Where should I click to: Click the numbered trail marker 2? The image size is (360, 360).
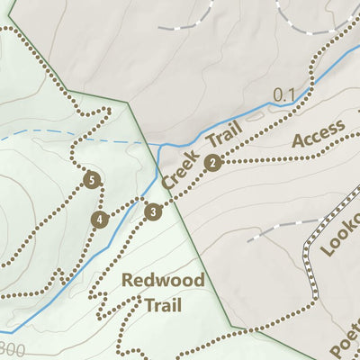click(x=212, y=163)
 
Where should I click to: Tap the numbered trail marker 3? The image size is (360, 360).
click(x=154, y=212)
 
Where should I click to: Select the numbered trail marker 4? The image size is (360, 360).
click(x=99, y=219)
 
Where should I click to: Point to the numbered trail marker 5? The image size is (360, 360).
click(x=90, y=179)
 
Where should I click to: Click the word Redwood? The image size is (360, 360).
click(x=164, y=280)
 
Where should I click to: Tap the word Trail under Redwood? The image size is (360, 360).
click(x=163, y=305)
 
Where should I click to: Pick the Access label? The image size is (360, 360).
click(x=318, y=134)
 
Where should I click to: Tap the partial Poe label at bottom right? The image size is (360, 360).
click(x=344, y=337)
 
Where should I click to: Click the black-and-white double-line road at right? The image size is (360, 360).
click(x=312, y=261)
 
